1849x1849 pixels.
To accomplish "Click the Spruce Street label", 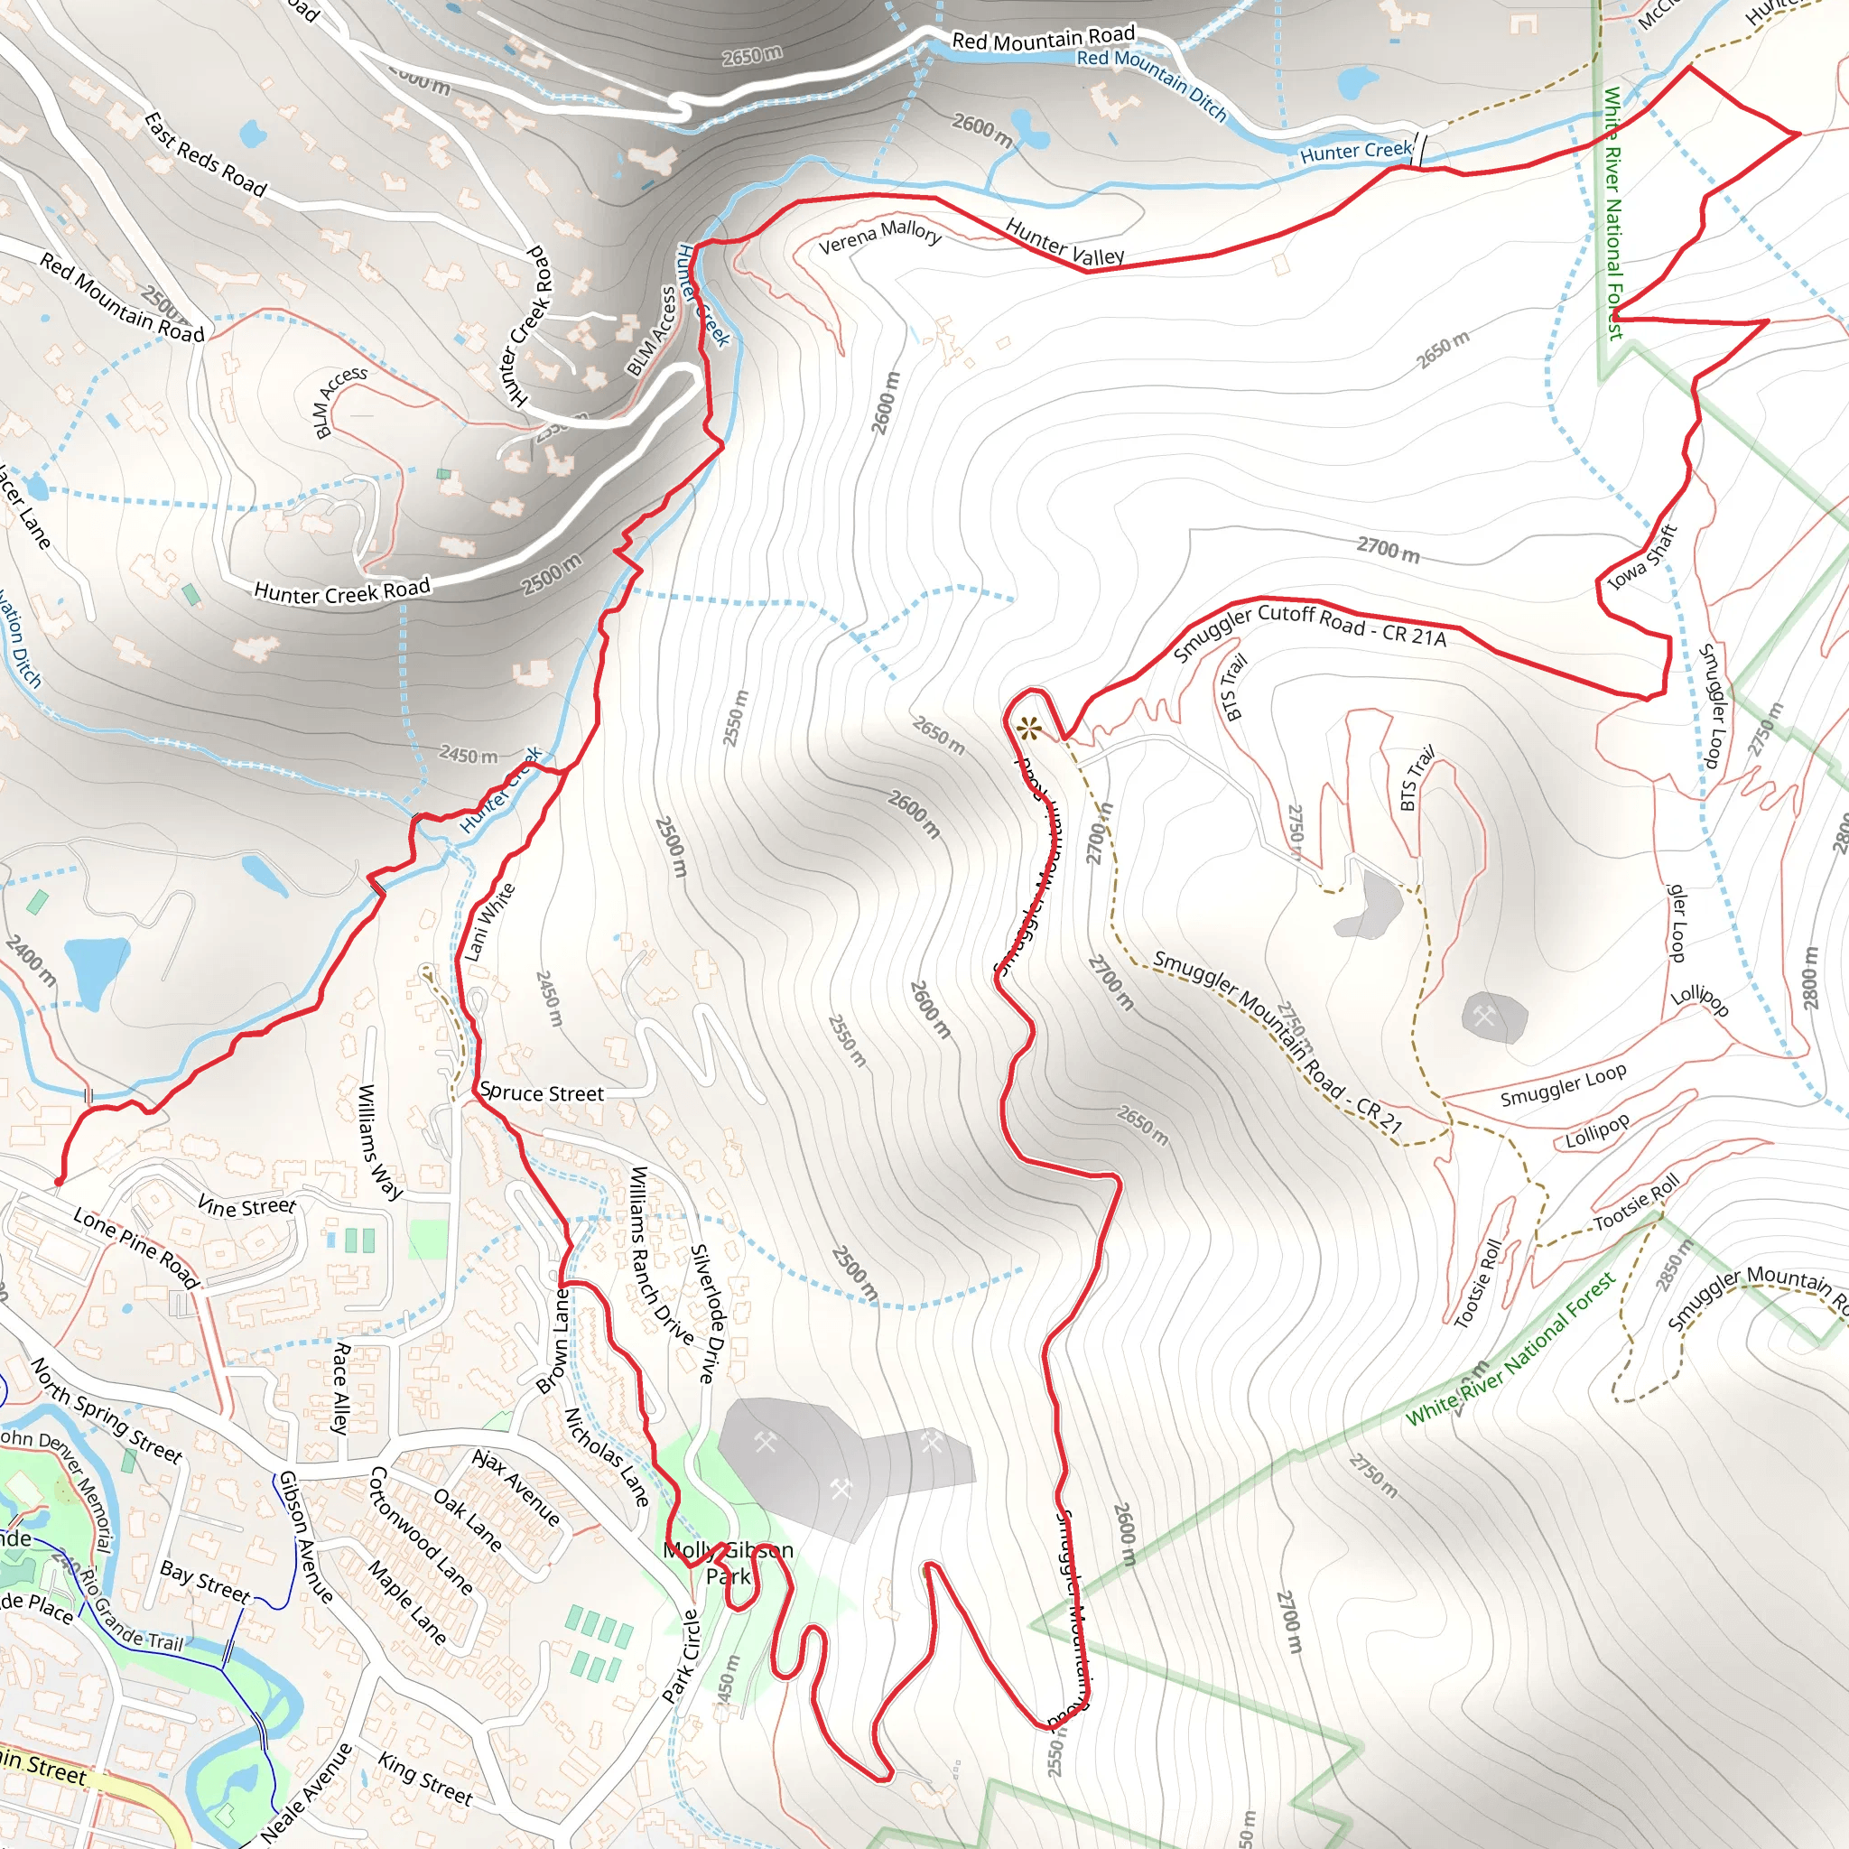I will (x=542, y=1093).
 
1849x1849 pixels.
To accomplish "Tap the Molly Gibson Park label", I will (x=729, y=1563).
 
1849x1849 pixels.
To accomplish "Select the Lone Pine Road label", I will (x=136, y=1248).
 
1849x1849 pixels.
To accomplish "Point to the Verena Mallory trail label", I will (x=880, y=237).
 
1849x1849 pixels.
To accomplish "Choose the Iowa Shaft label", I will (x=1642, y=557).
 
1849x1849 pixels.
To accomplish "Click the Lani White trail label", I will (x=490, y=922).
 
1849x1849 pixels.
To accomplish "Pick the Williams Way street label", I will (x=379, y=1142).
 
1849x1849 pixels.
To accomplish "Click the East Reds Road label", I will (x=205, y=154).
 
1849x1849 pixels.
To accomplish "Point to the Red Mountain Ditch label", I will (x=1151, y=82).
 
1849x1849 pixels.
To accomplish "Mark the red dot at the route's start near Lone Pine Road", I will (x=59, y=1182).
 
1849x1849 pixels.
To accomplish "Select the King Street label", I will (x=425, y=1779).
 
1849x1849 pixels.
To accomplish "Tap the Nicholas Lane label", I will (x=607, y=1456).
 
